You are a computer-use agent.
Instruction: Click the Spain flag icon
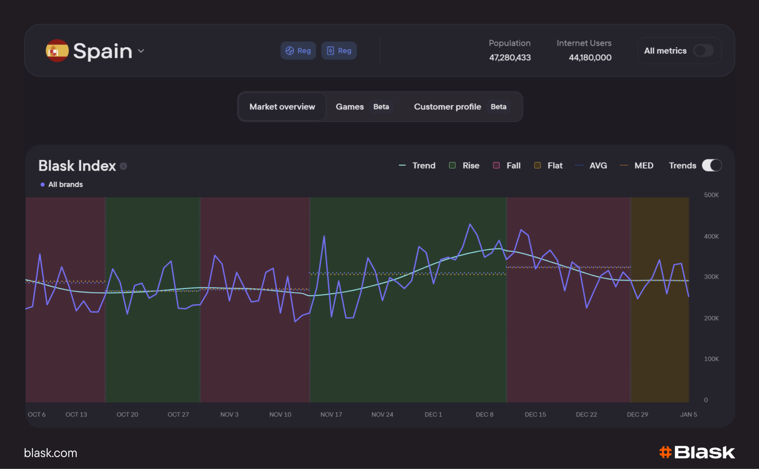click(57, 51)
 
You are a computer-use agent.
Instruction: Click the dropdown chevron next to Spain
click(141, 51)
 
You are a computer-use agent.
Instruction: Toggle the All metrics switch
click(703, 50)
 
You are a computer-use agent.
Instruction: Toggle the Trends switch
click(712, 165)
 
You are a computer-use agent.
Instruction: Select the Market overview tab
click(282, 107)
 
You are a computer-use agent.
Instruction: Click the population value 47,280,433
click(510, 57)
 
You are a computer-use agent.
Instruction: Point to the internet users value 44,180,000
click(590, 57)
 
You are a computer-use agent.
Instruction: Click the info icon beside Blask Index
click(123, 166)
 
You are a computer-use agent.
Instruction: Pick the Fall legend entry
click(507, 166)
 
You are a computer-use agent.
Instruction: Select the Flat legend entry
click(548, 166)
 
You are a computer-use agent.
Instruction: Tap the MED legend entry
click(637, 166)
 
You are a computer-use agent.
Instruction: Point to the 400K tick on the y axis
click(711, 236)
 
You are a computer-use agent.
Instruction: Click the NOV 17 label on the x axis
click(331, 415)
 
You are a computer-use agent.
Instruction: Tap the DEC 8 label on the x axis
click(484, 415)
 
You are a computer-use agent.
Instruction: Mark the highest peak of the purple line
click(470, 224)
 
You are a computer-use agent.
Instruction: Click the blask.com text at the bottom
click(51, 453)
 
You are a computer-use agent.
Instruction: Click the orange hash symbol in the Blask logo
click(665, 452)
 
